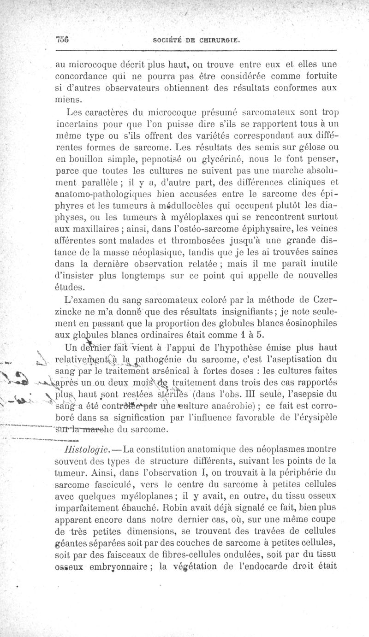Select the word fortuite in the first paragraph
315,75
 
